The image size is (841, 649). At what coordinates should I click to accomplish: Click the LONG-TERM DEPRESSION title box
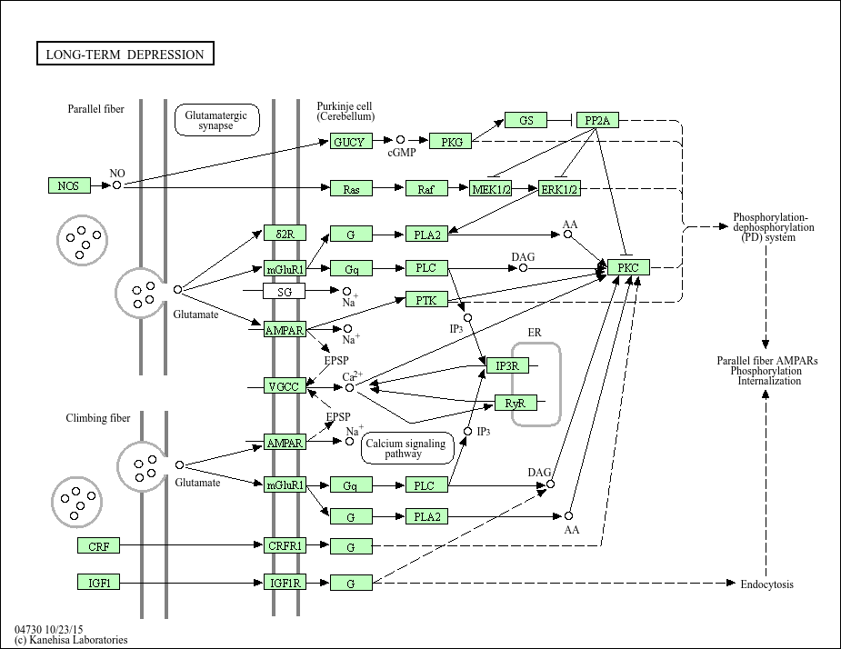tap(125, 55)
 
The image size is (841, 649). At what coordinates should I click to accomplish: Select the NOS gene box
tap(69, 185)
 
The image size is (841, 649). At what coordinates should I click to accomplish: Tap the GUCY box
tap(348, 142)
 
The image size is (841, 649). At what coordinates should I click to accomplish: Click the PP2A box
tap(597, 120)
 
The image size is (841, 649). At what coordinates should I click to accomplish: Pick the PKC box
tap(628, 267)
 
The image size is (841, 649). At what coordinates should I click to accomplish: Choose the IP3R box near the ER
tap(507, 365)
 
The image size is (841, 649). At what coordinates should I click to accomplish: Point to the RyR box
tap(515, 403)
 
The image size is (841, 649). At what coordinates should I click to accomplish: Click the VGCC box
tap(285, 386)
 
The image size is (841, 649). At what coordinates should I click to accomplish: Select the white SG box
tap(285, 291)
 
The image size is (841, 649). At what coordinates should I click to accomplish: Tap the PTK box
tap(426, 299)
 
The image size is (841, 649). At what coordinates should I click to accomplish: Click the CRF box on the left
tap(98, 546)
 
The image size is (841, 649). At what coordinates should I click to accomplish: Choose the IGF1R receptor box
tap(285, 583)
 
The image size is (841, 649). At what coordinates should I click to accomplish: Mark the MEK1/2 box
tap(491, 188)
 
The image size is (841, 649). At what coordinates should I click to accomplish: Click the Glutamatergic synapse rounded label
tap(216, 120)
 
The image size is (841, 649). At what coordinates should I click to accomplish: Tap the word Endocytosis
tap(766, 584)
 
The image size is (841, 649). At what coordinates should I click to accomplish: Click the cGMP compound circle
tap(400, 140)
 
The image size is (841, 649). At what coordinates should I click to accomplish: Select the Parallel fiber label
tap(95, 109)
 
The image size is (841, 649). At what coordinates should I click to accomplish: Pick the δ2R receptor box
tap(285, 234)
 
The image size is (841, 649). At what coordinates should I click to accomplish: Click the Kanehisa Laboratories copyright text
tap(71, 640)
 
